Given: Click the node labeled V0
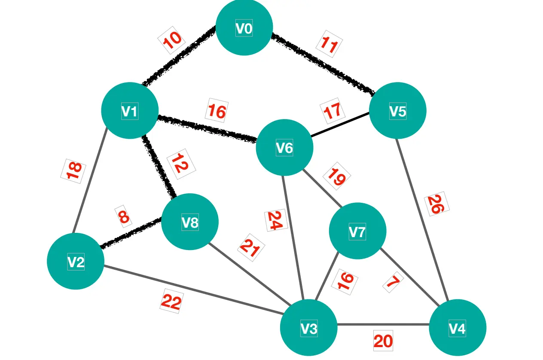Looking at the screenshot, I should coord(244,28).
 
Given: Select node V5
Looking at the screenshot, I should coord(397,111).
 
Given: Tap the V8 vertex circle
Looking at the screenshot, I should coord(190,222).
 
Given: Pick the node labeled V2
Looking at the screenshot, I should coord(76,261).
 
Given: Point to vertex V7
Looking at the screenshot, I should coord(357,231).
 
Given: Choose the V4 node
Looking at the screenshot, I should coord(458,328).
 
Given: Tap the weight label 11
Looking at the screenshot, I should coord(329,45).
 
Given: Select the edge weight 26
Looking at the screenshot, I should coord(437,204).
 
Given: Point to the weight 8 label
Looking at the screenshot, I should coord(123,216).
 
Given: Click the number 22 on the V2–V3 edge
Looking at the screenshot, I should coord(171,302).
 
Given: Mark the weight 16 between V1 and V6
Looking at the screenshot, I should coord(217,111).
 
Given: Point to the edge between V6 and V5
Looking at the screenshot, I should coord(339,125).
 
